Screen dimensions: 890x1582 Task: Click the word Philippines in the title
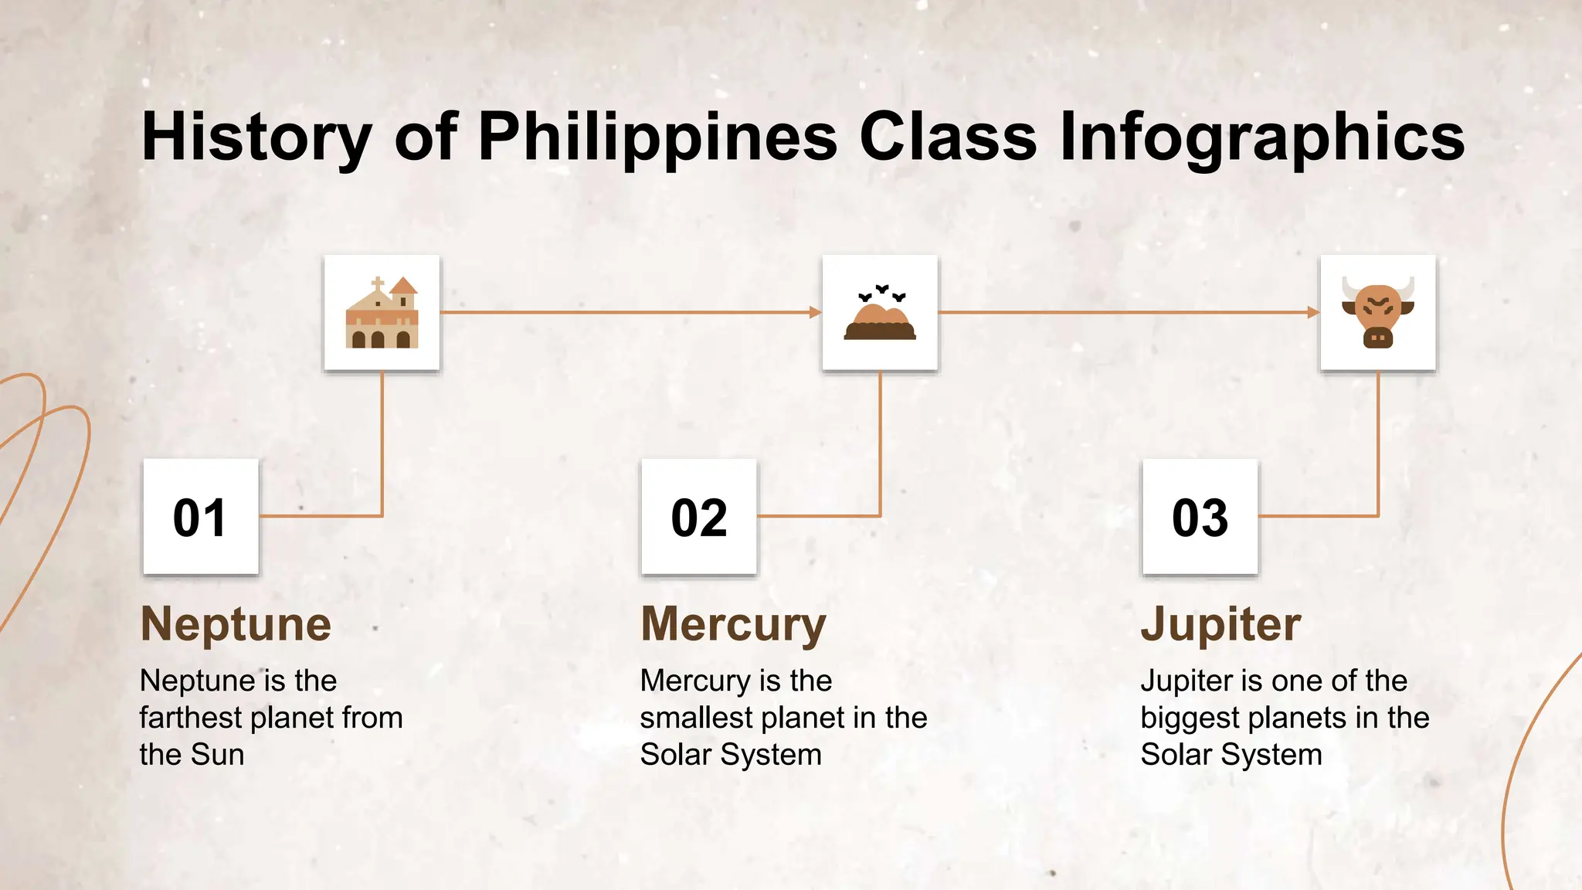pyautogui.click(x=657, y=137)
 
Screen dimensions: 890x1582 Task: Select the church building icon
pyautogui.click(x=382, y=313)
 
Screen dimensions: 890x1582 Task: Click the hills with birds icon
pyautogui.click(x=880, y=313)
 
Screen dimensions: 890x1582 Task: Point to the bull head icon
pyautogui.click(x=1378, y=313)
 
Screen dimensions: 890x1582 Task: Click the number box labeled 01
pyautogui.click(x=201, y=517)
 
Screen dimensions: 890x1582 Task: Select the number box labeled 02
pyautogui.click(x=699, y=517)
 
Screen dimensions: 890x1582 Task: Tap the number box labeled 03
pyautogui.click(x=1200, y=517)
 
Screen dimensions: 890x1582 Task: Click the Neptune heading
pyautogui.click(x=236, y=624)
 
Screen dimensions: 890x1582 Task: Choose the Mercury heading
pyautogui.click(x=733, y=624)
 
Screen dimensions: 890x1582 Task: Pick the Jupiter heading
pyautogui.click(x=1220, y=624)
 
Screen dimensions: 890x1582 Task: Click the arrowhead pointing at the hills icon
pyautogui.click(x=815, y=312)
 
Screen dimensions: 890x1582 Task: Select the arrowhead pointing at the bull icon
pyautogui.click(x=1313, y=312)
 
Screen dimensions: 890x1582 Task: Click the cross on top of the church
pyautogui.click(x=378, y=284)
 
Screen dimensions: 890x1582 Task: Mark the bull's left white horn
pyautogui.click(x=1349, y=287)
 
